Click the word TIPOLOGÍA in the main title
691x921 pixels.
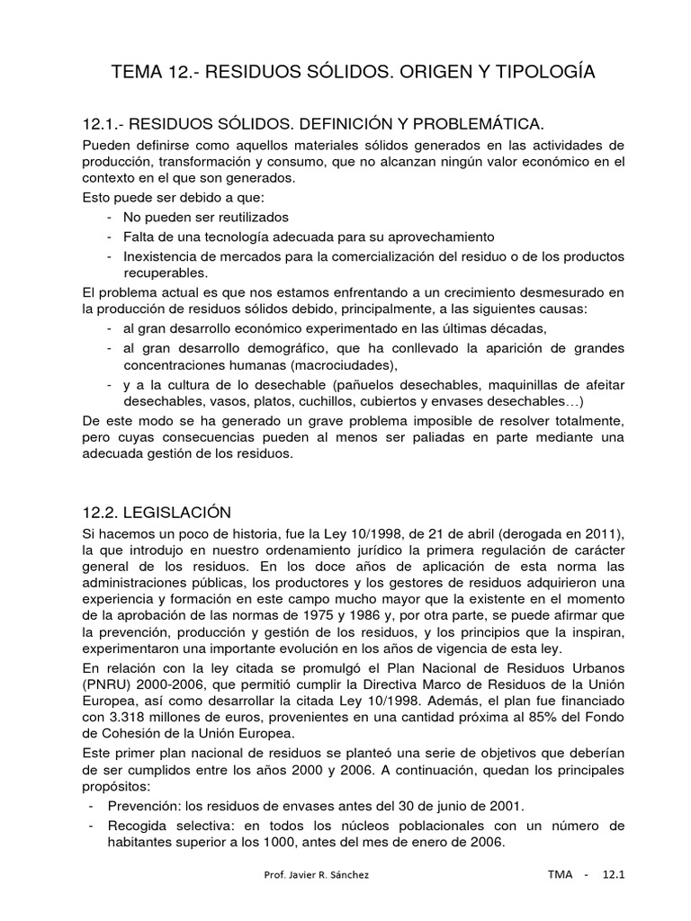click(x=541, y=71)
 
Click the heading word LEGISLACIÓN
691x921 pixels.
click(x=178, y=512)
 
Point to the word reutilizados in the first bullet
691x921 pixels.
click(x=243, y=217)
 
